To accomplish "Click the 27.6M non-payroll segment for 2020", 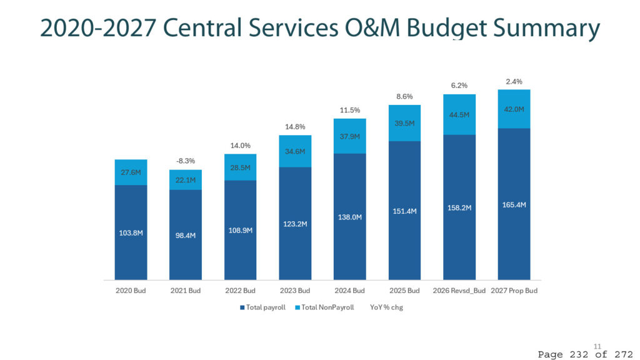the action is tap(131, 172).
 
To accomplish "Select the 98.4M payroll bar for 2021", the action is tap(185, 235).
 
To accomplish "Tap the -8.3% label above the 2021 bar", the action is tap(185, 161).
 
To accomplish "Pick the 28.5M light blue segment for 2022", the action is tap(241, 167).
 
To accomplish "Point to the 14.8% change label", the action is tap(295, 127).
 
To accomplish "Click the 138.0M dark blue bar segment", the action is tap(350, 217).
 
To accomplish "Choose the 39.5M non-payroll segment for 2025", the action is tap(404, 123).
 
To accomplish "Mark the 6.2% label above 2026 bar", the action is tap(459, 86).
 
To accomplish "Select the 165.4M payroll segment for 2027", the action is tap(514, 204).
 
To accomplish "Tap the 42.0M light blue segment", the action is tap(514, 109).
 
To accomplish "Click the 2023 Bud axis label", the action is tap(295, 291).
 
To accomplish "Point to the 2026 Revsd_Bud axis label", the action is tap(459, 291).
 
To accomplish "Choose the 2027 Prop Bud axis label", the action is tap(514, 291).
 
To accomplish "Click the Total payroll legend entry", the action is tap(262, 307).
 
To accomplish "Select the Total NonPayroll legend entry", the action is tap(324, 307).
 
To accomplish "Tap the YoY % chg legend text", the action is tap(386, 307).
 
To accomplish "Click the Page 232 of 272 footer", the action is tap(585, 354).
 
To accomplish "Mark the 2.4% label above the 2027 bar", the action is tap(514, 82).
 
